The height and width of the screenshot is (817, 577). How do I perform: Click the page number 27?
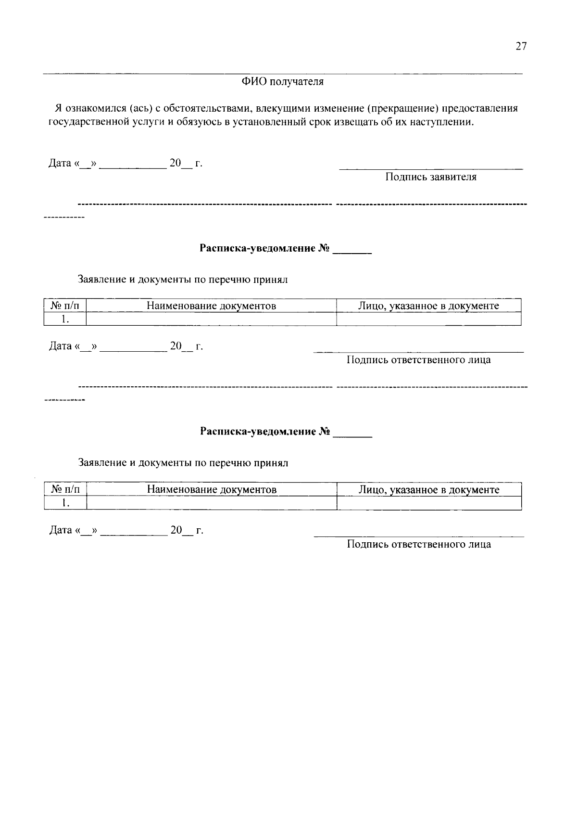coord(521,46)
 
